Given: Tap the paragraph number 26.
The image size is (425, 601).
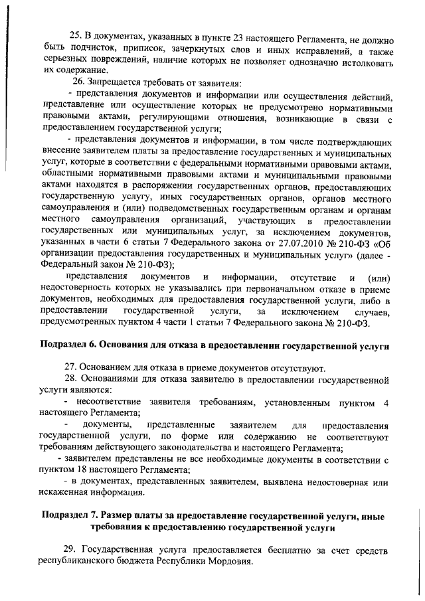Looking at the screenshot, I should click(x=79, y=82).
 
